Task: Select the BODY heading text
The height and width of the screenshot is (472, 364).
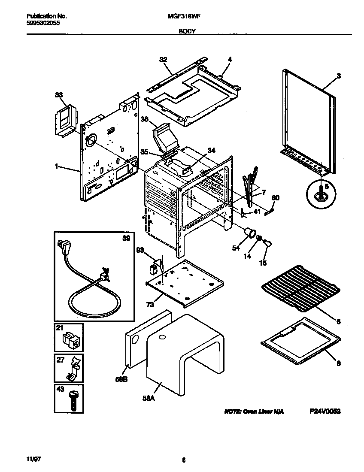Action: pos(187,31)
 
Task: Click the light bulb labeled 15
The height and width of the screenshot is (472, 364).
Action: pos(267,243)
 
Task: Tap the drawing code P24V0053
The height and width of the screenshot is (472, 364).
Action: pos(325,411)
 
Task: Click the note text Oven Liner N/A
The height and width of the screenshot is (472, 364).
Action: pos(254,411)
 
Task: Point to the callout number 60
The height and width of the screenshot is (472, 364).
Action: pos(276,197)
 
